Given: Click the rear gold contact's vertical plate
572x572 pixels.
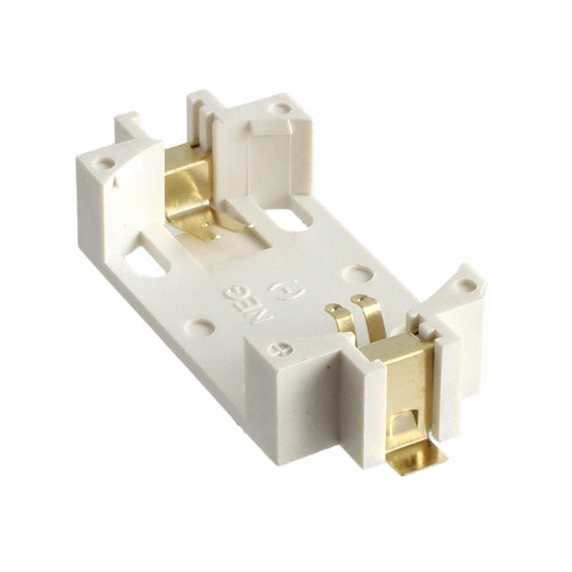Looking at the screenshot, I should pyautogui.click(x=187, y=182).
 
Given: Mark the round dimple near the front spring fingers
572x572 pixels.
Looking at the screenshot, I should pyautogui.click(x=355, y=274).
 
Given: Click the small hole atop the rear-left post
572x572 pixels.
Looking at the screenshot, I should pyautogui.click(x=107, y=163).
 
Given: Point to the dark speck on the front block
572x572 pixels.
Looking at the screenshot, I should pyautogui.click(x=327, y=367).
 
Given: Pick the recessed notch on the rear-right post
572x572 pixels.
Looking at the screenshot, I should pyautogui.click(x=271, y=128).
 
